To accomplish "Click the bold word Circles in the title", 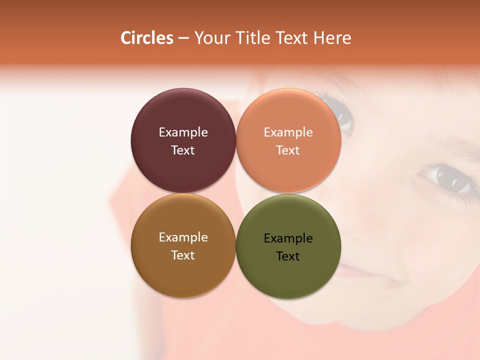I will pos(147,38).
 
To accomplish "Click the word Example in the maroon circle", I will pos(183,132).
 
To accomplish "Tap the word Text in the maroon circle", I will pos(183,150).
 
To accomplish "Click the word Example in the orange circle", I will pos(288,132).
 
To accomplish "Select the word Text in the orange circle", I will pos(288,150).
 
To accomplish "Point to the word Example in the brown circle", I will pos(183,237).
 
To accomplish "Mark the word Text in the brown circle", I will pos(183,255).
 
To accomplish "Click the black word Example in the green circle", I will pos(288,238).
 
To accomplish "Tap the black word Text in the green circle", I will pos(288,256).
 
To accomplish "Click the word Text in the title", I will pos(292,38).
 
